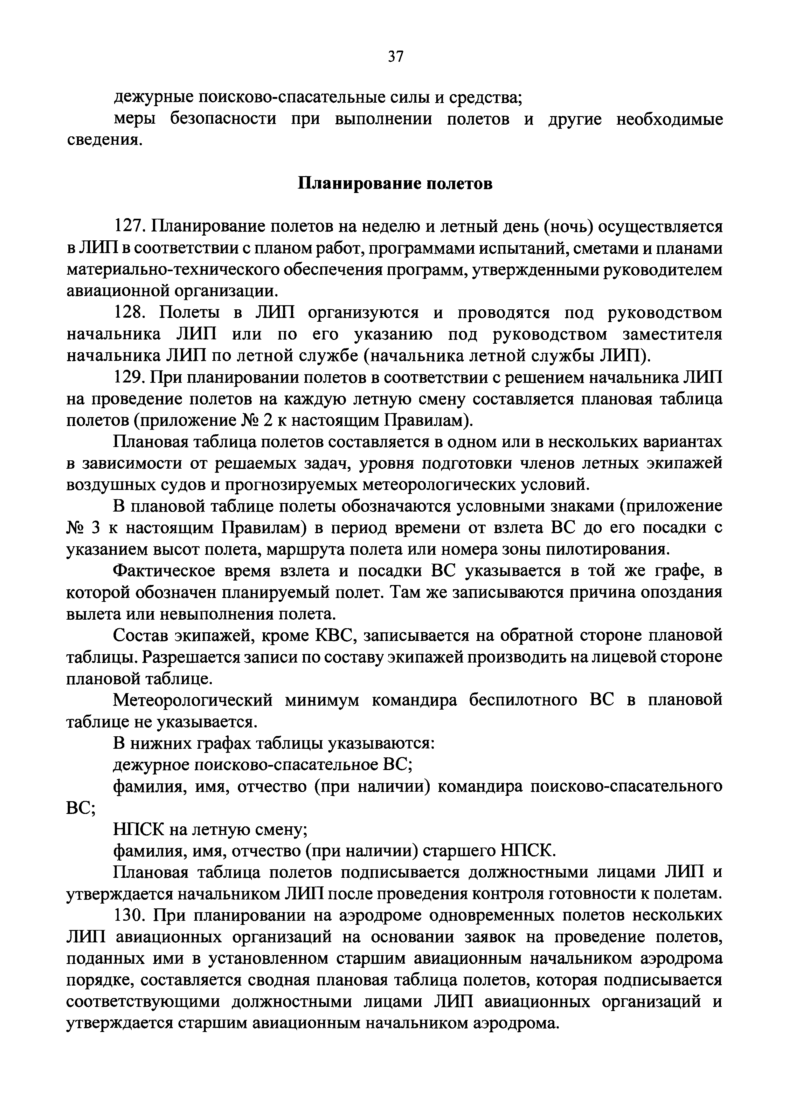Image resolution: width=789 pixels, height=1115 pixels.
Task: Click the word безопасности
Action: click(x=223, y=120)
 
